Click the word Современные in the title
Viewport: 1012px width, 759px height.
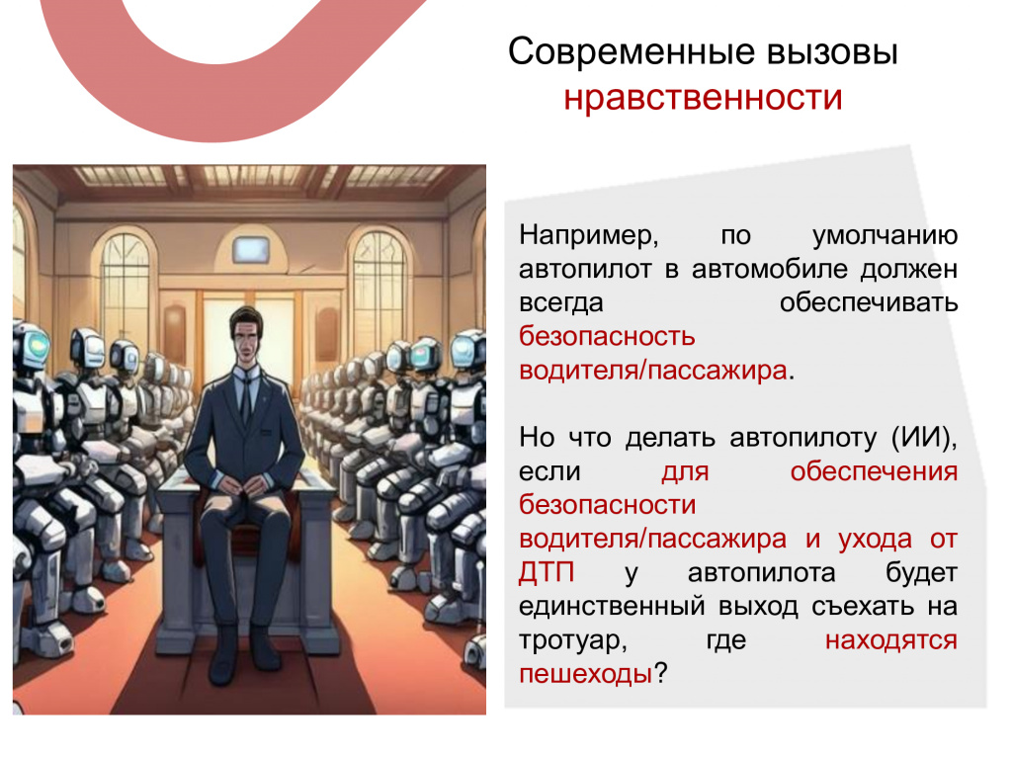pos(632,51)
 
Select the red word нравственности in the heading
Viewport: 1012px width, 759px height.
pos(703,99)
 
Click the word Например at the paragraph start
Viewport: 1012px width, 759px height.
pos(589,236)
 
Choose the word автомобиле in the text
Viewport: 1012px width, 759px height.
pos(769,269)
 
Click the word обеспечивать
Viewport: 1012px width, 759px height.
pos(869,303)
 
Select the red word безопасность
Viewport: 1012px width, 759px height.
pos(608,337)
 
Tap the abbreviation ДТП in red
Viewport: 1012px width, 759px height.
pos(546,572)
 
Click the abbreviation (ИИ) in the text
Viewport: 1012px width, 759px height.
pos(924,438)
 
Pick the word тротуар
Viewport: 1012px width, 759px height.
pos(573,640)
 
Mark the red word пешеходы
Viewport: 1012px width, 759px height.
pos(586,674)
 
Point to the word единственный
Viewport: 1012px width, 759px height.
pos(612,607)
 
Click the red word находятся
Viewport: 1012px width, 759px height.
pos(891,640)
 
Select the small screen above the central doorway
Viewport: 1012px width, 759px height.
pos(250,249)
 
